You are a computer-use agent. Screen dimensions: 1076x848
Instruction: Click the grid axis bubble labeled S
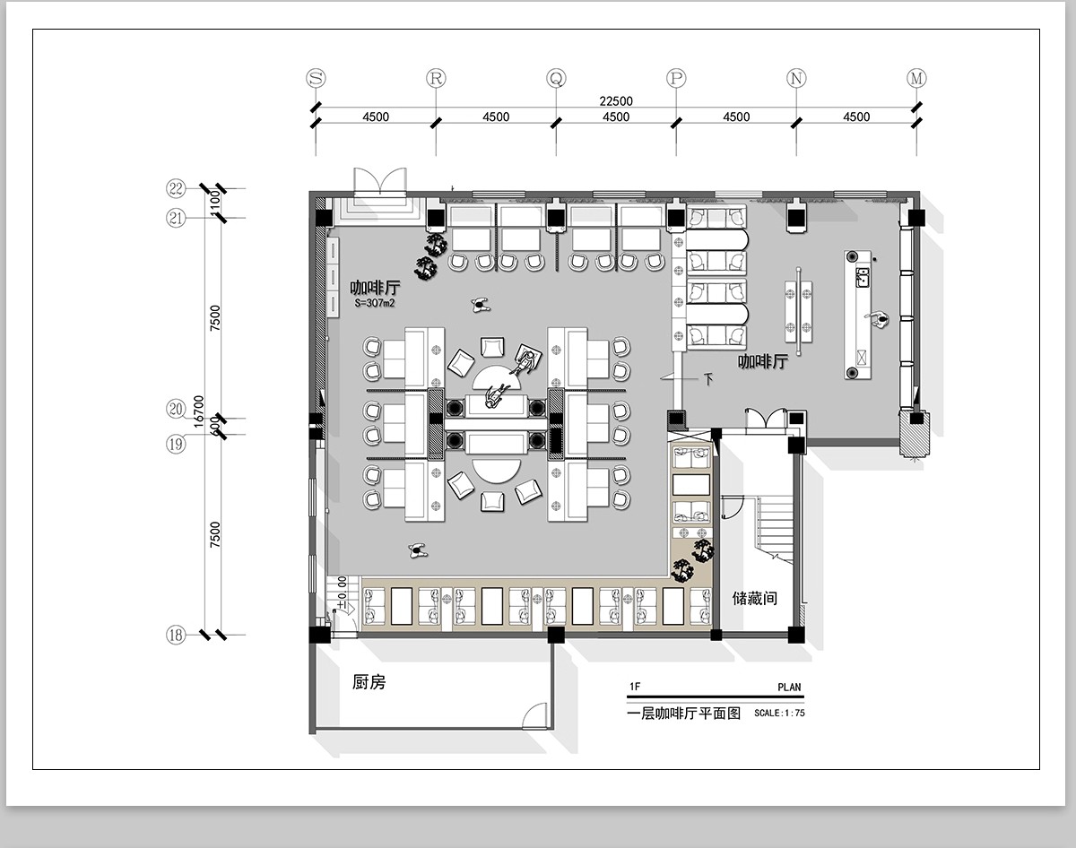tap(316, 78)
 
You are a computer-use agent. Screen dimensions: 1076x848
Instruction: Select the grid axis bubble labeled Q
tap(556, 78)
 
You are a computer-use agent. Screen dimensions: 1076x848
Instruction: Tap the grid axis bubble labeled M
tap(916, 78)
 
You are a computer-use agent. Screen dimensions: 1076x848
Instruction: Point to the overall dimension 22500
tap(616, 101)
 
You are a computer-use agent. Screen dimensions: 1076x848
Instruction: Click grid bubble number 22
tap(176, 188)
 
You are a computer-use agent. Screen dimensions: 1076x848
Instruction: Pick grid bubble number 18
tap(176, 635)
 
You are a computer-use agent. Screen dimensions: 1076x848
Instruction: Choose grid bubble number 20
tap(176, 409)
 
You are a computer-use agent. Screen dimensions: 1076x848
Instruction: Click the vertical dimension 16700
tap(199, 411)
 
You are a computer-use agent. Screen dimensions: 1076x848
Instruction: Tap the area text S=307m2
tap(375, 302)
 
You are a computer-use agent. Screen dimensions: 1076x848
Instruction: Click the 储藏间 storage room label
tap(754, 598)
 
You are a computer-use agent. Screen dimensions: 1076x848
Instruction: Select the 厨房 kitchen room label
tap(369, 682)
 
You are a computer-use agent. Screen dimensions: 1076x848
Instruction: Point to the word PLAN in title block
tap(789, 687)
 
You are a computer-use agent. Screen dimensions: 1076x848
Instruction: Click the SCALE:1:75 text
tap(779, 713)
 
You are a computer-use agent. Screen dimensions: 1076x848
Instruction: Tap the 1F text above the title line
tap(635, 687)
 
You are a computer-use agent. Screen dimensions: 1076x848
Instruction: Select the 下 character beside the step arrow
tap(708, 379)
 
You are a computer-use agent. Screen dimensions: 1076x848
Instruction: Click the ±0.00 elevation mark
tap(342, 593)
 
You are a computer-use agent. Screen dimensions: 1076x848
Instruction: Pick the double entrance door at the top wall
tap(380, 181)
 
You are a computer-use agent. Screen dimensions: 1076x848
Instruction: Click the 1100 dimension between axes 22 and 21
tap(214, 203)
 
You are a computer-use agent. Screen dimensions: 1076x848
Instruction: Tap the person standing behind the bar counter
tap(878, 319)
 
